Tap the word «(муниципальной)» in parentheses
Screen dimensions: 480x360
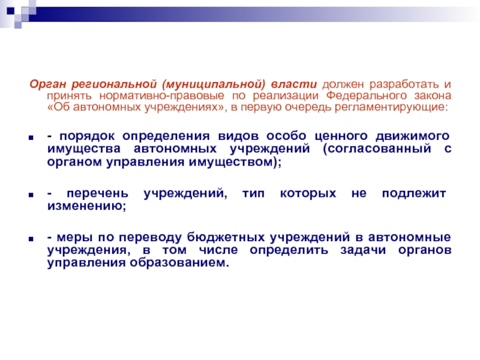(214, 85)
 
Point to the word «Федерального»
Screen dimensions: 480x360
(367, 96)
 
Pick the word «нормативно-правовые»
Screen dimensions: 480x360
(162, 96)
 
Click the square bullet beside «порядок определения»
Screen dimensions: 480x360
(31, 137)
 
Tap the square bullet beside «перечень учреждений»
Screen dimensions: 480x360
(31, 194)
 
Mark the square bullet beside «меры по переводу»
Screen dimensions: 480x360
(31, 239)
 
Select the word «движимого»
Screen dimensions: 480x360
(413, 136)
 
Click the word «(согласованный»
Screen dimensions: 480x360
(377, 149)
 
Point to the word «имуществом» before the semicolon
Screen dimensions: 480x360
(230, 162)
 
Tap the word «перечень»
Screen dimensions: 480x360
(97, 194)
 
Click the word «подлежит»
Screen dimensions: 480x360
(413, 194)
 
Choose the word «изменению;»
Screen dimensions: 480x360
(86, 206)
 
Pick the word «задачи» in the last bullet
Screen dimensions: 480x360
(363, 250)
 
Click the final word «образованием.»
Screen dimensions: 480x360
(179, 263)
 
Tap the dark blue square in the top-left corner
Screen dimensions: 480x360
(11, 11)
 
